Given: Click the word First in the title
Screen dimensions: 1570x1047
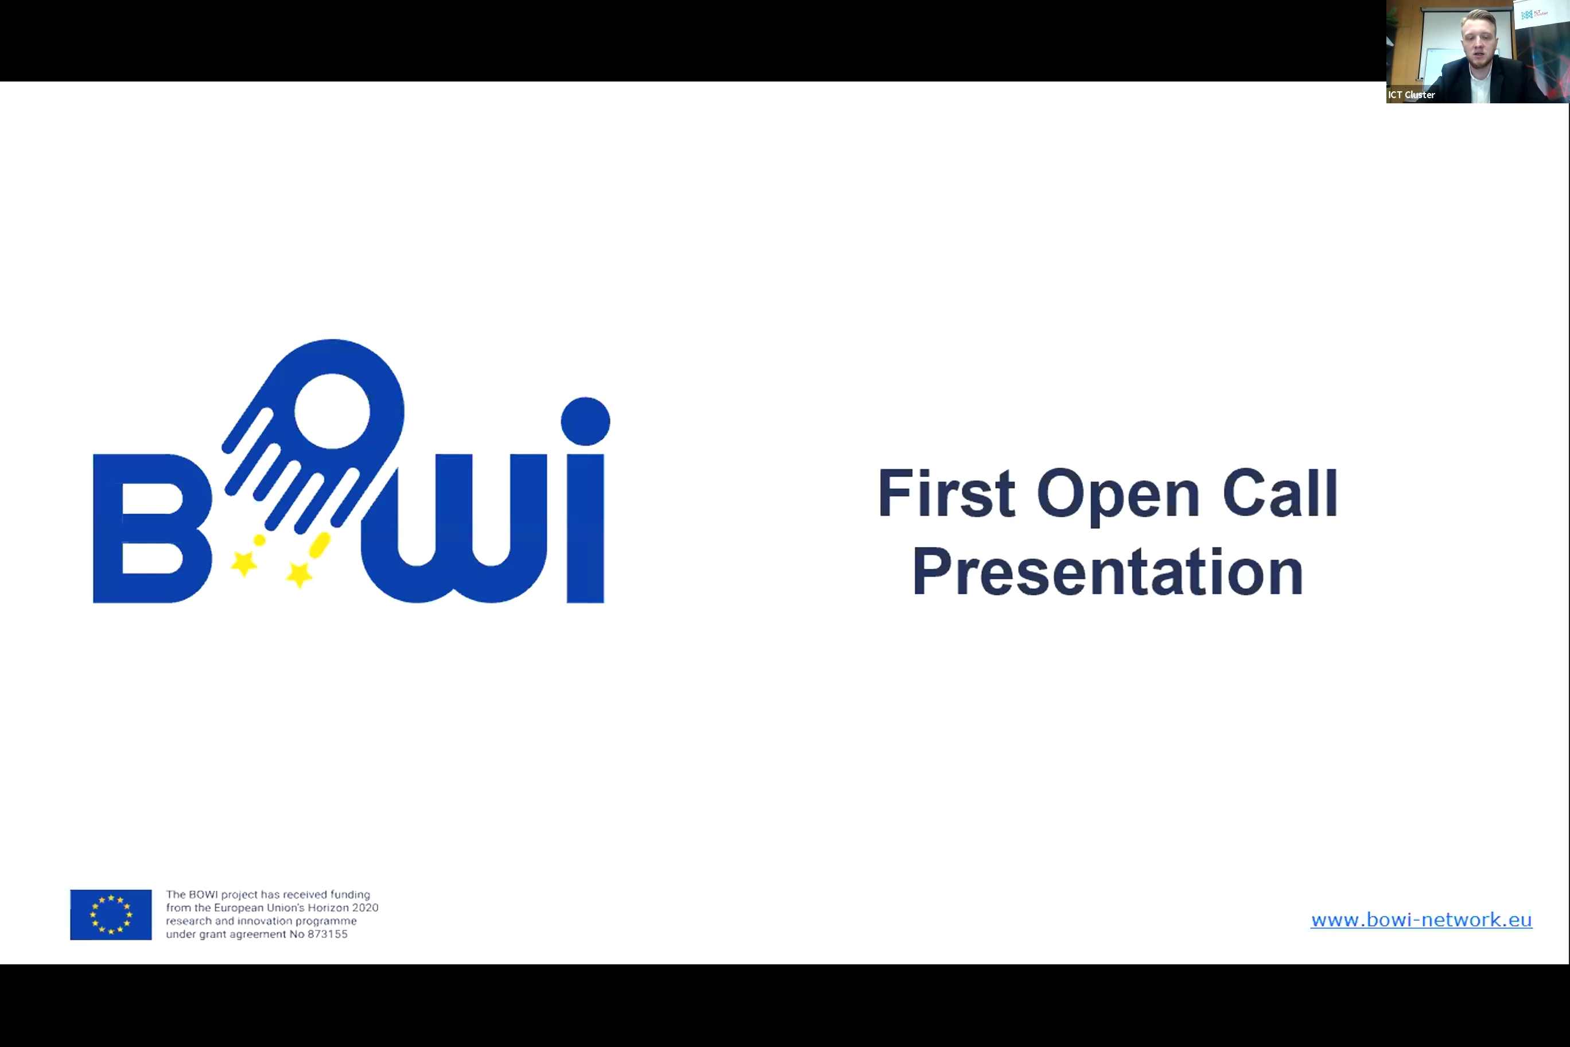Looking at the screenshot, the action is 946,494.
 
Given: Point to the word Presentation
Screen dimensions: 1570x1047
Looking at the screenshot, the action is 1107,572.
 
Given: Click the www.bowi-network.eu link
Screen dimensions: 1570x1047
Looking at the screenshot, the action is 1421,920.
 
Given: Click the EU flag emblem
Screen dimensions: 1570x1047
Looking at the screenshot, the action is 111,914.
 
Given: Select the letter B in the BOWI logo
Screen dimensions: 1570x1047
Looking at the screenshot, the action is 152,528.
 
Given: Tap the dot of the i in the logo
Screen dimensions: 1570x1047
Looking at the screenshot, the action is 585,421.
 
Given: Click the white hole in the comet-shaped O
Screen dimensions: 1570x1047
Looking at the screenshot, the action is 332,410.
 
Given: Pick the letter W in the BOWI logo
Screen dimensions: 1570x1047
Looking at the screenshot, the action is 454,528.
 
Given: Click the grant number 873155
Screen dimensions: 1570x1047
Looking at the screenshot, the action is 328,934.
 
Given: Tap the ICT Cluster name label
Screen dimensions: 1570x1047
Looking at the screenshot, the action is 1411,95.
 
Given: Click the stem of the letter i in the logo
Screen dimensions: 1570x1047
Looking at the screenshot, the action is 585,528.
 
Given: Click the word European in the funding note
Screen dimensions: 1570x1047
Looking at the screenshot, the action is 238,908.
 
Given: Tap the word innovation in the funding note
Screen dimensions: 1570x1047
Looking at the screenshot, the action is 265,921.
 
